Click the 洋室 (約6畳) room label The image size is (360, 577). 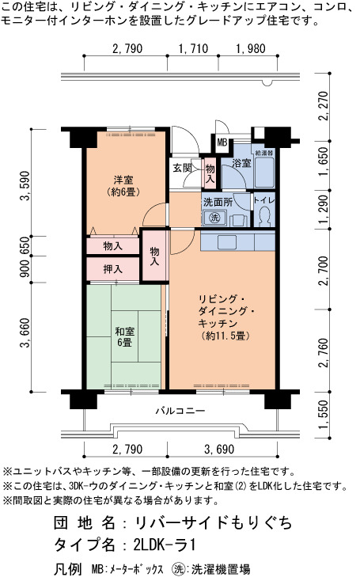point(123,186)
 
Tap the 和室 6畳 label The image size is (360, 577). point(125,336)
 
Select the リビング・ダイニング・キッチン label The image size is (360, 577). point(225,317)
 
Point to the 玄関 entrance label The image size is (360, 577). point(183,168)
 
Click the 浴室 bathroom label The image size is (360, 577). point(241,163)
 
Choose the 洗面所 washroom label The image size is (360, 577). point(218,203)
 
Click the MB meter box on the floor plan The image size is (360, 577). point(222,142)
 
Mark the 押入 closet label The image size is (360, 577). point(112,269)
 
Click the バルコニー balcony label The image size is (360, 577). point(180,411)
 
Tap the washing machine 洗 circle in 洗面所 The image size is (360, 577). point(214,218)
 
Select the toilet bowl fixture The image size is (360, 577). point(263,216)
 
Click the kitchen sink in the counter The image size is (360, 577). point(227,242)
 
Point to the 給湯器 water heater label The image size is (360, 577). point(264,152)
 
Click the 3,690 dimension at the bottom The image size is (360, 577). point(219,450)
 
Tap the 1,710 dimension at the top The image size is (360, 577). point(193,48)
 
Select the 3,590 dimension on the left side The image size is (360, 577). point(25,186)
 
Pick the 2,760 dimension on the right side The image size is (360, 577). point(324,352)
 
